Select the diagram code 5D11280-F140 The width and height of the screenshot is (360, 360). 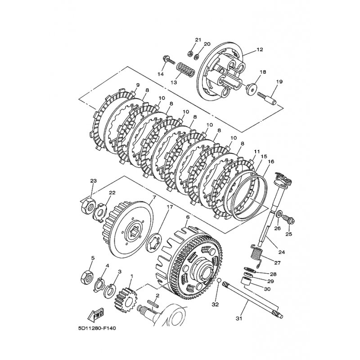(97, 328)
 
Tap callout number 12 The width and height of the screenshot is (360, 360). (260, 49)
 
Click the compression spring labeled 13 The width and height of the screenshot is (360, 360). (186, 70)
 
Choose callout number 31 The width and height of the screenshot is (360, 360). (239, 319)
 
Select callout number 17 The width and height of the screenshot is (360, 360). (170, 207)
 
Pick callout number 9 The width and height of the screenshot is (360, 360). (138, 85)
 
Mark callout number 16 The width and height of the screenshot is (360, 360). (271, 162)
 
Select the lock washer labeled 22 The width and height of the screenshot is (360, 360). (99, 211)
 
